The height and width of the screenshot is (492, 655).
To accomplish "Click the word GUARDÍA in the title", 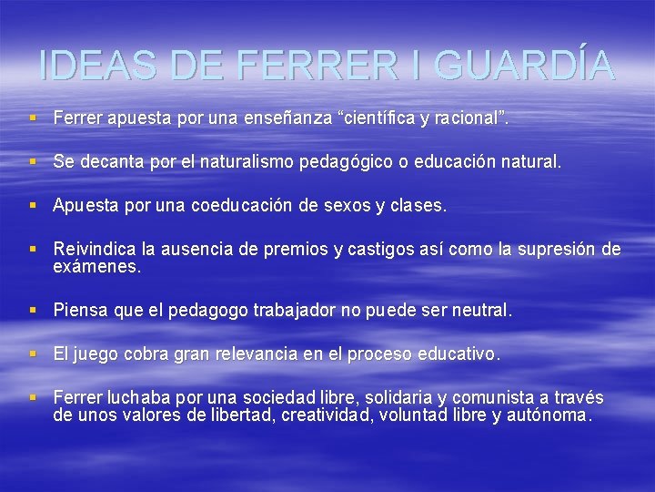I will click(x=523, y=65).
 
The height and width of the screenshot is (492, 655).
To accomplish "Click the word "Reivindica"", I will click(x=94, y=250).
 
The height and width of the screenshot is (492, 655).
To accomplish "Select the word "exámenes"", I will click(x=97, y=267).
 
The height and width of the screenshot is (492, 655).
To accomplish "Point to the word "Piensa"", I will click(x=81, y=311).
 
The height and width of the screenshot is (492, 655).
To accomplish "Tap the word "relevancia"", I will click(x=257, y=354).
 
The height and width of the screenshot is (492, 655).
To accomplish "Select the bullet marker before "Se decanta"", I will click(x=34, y=162).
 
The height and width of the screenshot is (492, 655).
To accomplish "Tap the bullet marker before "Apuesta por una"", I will click(x=34, y=206).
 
